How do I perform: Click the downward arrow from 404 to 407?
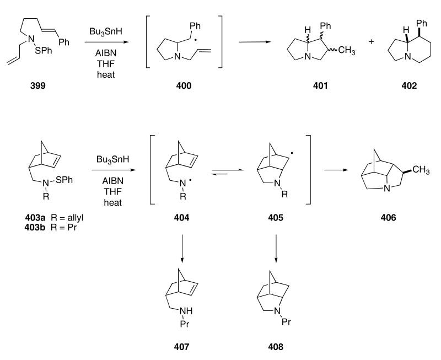point(188,249)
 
